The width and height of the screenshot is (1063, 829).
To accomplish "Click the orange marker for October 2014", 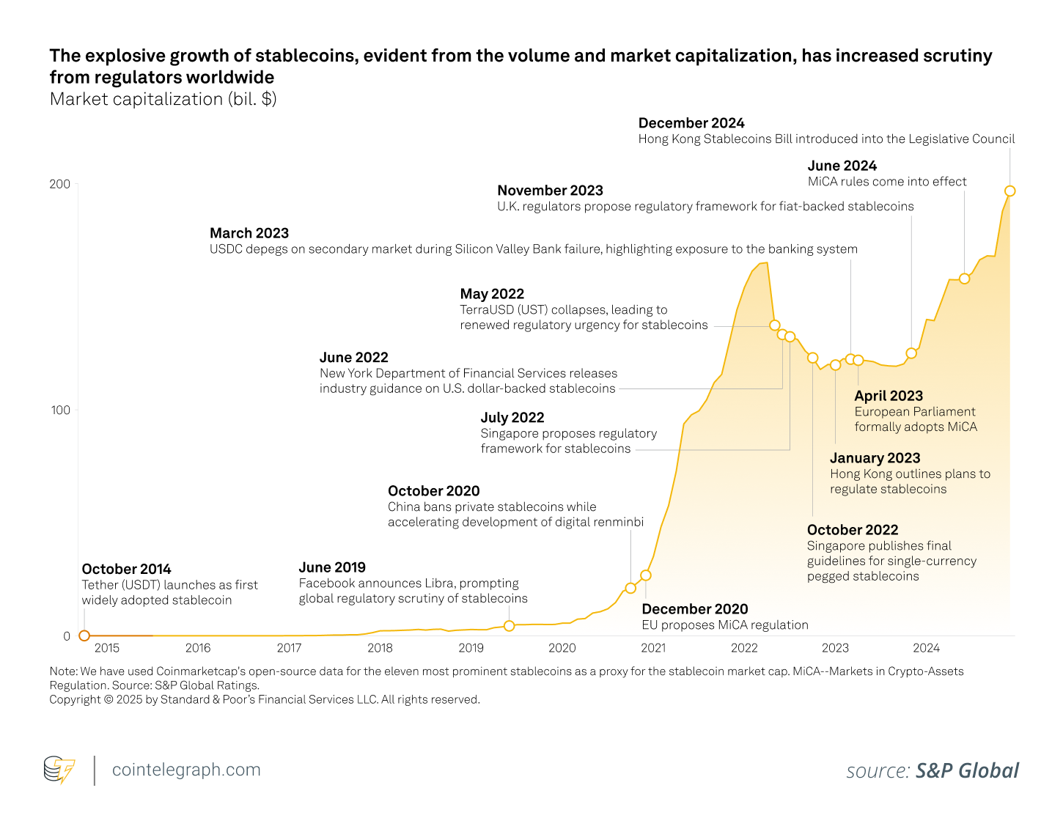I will pos(84,635).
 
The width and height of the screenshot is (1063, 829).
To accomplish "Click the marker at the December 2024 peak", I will pos(1009,191).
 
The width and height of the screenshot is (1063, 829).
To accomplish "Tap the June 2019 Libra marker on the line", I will pos(510,626).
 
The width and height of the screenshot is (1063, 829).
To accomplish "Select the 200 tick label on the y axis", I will pos(59,184).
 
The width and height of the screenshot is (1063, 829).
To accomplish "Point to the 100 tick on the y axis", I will pos(60,410).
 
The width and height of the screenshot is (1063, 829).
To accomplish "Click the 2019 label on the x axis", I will pos(471,648).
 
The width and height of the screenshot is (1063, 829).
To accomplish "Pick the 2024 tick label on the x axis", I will pos(926,648).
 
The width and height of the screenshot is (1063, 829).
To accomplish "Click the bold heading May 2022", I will pos(492,294).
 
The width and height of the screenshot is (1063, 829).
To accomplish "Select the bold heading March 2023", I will pos(249,233).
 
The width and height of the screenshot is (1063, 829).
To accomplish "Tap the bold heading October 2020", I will pos(433,491).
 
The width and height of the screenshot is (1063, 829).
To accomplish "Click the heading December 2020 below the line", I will pos(694,609).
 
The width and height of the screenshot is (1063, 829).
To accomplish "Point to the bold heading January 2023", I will pos(875,458).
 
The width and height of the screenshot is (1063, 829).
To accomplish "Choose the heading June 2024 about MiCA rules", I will pos(842,166).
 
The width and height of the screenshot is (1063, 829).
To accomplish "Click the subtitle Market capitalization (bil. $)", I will pos(163,99).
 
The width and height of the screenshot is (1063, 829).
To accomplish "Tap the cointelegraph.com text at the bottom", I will pos(186,770).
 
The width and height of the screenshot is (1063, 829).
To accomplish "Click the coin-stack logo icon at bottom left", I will pos(59,770).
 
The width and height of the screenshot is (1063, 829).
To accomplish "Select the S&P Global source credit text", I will pos(966,771).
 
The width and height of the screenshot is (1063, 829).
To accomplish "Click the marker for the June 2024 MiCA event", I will pos(964,279).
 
